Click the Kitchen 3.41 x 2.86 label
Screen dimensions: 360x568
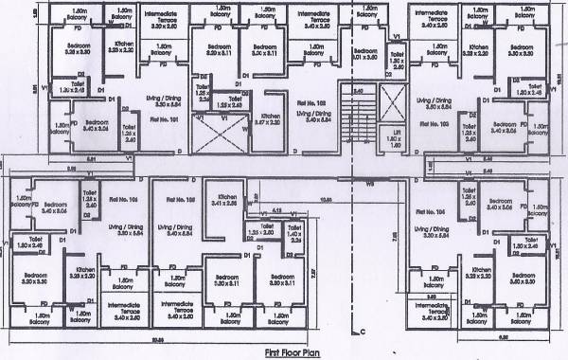(x=223, y=201)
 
